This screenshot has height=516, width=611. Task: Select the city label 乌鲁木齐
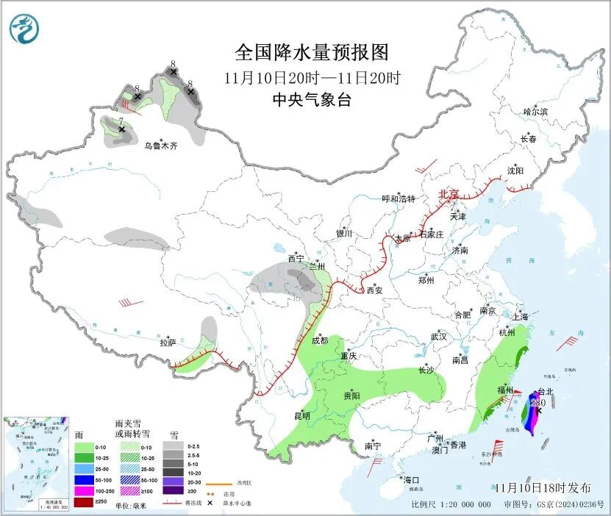tap(160, 146)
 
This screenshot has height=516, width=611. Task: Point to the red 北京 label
tap(449, 194)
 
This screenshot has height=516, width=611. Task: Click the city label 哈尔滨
tap(535, 112)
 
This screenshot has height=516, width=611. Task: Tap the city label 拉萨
tap(168, 343)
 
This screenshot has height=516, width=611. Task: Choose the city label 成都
tap(320, 340)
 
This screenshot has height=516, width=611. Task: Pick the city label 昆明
tap(302, 416)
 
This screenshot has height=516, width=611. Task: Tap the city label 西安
tap(374, 290)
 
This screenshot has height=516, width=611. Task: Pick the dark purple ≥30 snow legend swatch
tap(171, 490)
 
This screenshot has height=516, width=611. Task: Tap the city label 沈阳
tap(515, 171)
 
